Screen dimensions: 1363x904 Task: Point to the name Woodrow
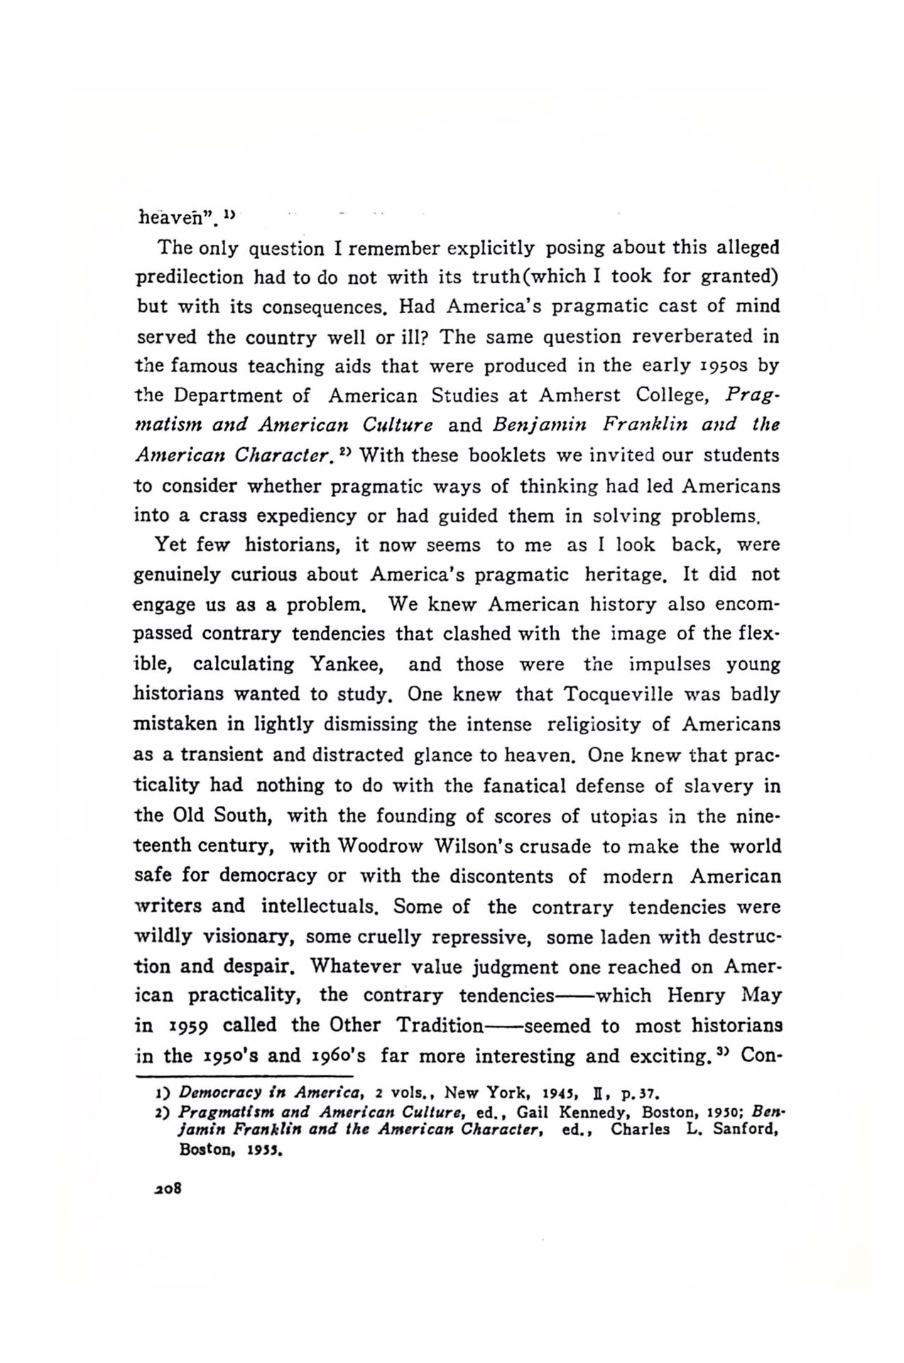(380, 846)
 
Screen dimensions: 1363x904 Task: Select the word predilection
(189, 276)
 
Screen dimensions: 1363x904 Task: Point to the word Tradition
(440, 1026)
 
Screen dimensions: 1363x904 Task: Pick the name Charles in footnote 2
(641, 1129)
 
